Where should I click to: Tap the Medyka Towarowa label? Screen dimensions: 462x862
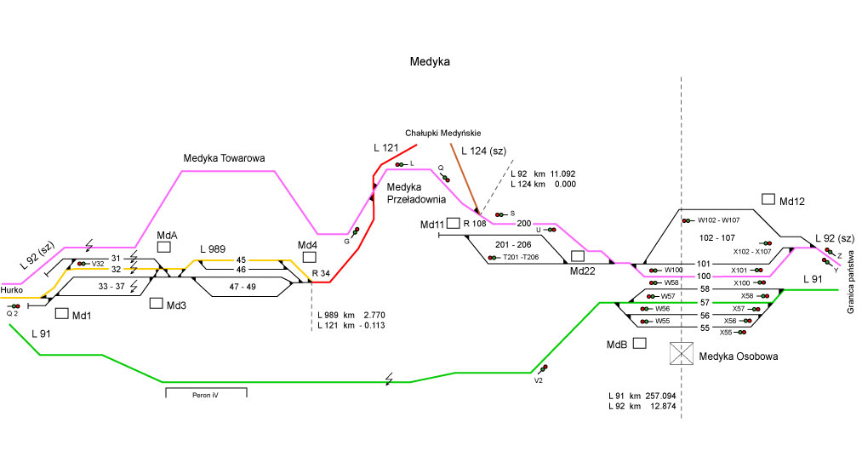click(x=225, y=158)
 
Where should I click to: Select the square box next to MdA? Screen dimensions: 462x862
click(x=165, y=247)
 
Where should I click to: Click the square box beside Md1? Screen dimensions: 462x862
click(x=61, y=312)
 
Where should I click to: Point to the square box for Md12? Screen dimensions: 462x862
click(x=768, y=199)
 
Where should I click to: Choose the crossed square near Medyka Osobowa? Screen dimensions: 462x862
click(x=682, y=355)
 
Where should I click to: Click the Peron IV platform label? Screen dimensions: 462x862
click(x=205, y=395)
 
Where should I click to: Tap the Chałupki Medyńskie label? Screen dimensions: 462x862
click(x=442, y=133)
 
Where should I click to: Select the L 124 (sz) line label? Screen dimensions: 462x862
click(x=482, y=151)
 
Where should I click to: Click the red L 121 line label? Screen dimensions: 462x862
click(x=385, y=148)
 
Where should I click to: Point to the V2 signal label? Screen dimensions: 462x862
click(x=538, y=381)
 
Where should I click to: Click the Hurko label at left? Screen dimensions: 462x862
click(x=11, y=290)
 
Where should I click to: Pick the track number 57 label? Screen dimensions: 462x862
click(x=705, y=302)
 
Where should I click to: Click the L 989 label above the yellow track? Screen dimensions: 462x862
click(x=213, y=248)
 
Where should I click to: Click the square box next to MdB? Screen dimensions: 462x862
click(x=640, y=343)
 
